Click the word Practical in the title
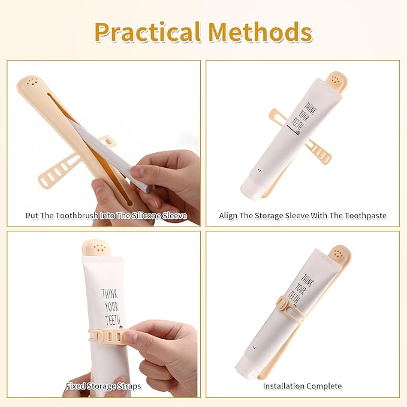coord(147,33)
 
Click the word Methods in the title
coord(260,32)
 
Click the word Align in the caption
coord(228,216)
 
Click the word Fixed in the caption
coord(76,386)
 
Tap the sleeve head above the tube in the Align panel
coord(337,82)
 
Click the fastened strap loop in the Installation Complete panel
coord(285,306)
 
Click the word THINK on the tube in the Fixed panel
coord(110,294)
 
